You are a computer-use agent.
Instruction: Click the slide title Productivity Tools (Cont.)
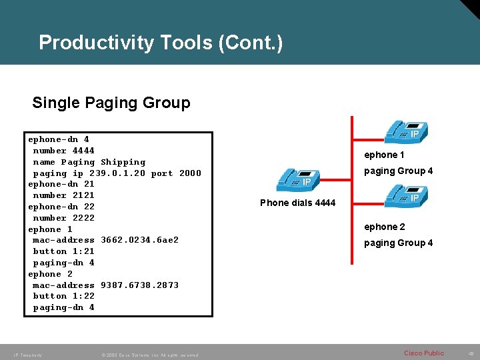(x=161, y=43)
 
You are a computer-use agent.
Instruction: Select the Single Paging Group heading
(x=111, y=103)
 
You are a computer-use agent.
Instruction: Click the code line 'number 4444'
(x=64, y=151)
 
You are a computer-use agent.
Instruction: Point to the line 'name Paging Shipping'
(x=89, y=162)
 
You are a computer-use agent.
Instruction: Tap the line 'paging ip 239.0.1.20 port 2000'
(x=117, y=173)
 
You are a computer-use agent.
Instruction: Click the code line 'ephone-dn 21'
(x=61, y=184)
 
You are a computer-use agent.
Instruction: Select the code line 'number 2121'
(x=64, y=195)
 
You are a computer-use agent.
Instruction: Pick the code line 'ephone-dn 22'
(x=61, y=207)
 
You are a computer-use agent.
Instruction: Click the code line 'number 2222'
(x=64, y=218)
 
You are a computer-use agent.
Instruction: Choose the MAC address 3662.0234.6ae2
(x=139, y=240)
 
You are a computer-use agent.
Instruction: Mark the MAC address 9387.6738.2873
(x=139, y=285)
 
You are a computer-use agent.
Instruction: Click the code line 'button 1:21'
(x=64, y=251)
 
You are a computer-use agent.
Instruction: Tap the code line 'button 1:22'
(x=64, y=296)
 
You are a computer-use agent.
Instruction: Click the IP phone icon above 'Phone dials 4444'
(x=297, y=178)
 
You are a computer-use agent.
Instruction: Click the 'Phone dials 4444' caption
(x=297, y=203)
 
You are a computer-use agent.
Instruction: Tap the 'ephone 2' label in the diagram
(x=384, y=227)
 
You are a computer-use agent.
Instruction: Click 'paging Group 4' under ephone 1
(x=398, y=171)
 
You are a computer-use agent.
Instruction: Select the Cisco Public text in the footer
(x=424, y=353)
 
